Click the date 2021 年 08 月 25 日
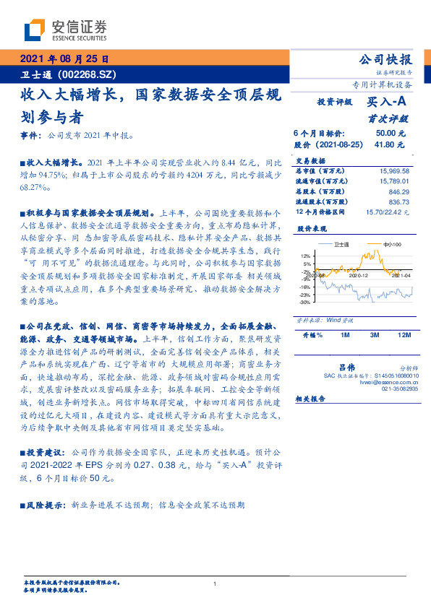[x=64, y=59]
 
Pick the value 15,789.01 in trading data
[x=394, y=181]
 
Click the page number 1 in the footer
[x=215, y=583]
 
